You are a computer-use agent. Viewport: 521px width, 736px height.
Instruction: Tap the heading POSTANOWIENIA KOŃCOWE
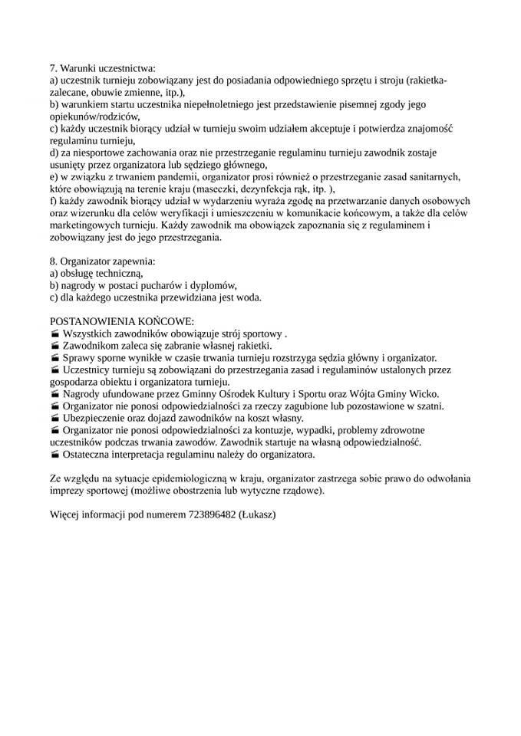click(122, 322)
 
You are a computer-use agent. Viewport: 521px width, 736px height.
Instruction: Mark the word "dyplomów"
click(216, 284)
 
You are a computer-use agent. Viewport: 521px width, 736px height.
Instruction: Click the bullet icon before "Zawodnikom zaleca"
click(54, 347)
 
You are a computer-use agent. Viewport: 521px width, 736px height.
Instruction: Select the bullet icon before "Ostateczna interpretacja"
click(54, 455)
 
